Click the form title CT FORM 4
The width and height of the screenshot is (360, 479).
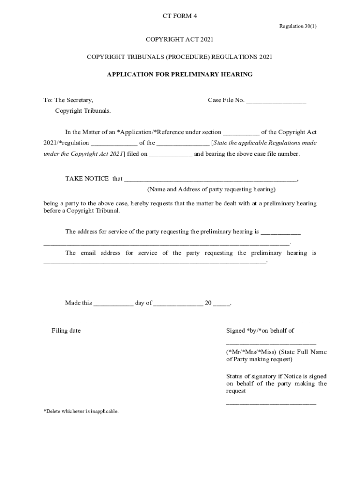tap(180, 16)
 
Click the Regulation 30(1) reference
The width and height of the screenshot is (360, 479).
tap(298, 26)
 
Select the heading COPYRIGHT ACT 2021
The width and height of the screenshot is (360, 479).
tap(180, 40)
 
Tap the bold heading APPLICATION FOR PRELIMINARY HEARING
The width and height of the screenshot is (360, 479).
tap(180, 74)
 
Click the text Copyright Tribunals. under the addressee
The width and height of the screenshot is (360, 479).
tap(83, 111)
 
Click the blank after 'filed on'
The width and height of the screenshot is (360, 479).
tap(171, 155)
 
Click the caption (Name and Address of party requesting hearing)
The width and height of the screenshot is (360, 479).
tap(211, 189)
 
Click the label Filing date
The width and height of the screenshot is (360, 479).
tap(66, 331)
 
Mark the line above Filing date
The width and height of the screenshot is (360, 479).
tap(68, 323)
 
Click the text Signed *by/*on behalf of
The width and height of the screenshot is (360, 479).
tap(260, 331)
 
